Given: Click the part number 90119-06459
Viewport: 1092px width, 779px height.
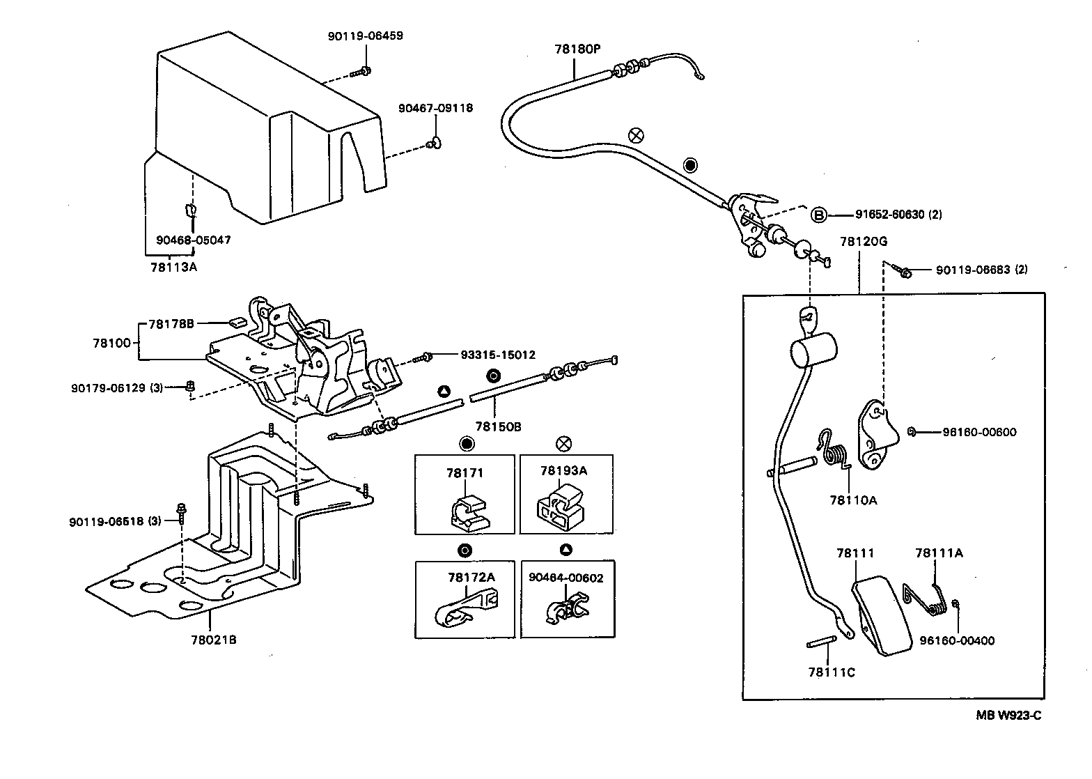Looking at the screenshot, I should pos(365,36).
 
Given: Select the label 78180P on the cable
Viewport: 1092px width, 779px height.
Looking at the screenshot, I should pos(577,49).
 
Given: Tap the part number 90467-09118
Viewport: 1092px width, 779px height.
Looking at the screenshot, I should pos(435,108).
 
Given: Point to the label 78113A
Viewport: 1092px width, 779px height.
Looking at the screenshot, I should pos(174,266).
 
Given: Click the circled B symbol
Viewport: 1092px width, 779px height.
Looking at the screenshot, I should pos(818,215).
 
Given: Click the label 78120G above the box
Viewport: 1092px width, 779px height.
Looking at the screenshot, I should pos(863,242).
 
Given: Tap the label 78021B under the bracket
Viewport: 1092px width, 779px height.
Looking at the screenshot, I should pos(214,639).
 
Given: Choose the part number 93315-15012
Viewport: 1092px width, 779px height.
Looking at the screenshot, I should pos(498,355).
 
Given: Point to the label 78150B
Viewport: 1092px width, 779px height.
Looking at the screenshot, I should pos(498,426).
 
